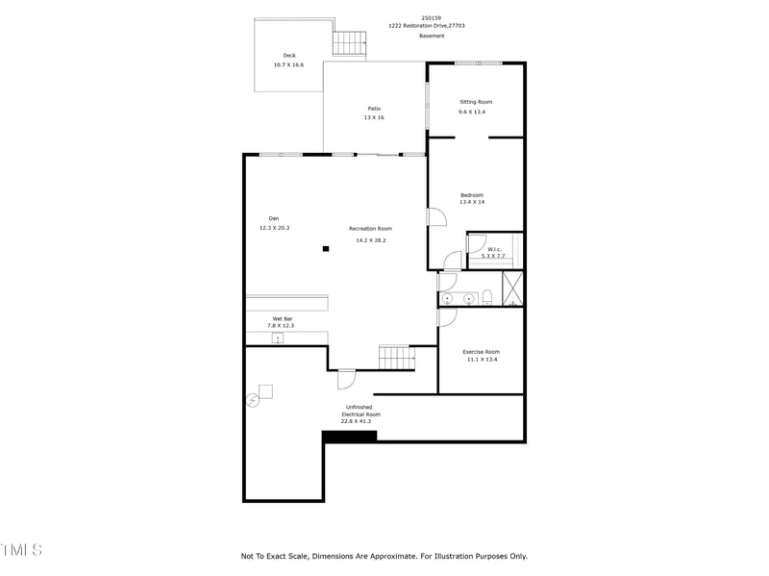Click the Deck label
point(289,55)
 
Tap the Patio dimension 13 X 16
point(374,117)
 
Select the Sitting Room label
point(476,102)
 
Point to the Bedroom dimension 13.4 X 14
point(472,203)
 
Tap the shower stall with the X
point(513,288)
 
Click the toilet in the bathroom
point(487,297)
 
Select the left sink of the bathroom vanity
point(447,299)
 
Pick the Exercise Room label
point(481,352)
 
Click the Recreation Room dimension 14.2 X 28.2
point(370,240)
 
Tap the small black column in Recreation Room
point(326,249)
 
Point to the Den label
point(274,218)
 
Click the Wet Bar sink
point(278,338)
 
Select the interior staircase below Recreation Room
point(396,357)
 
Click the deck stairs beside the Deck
point(350,43)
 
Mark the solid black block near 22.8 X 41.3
point(349,437)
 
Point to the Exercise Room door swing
point(447,318)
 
